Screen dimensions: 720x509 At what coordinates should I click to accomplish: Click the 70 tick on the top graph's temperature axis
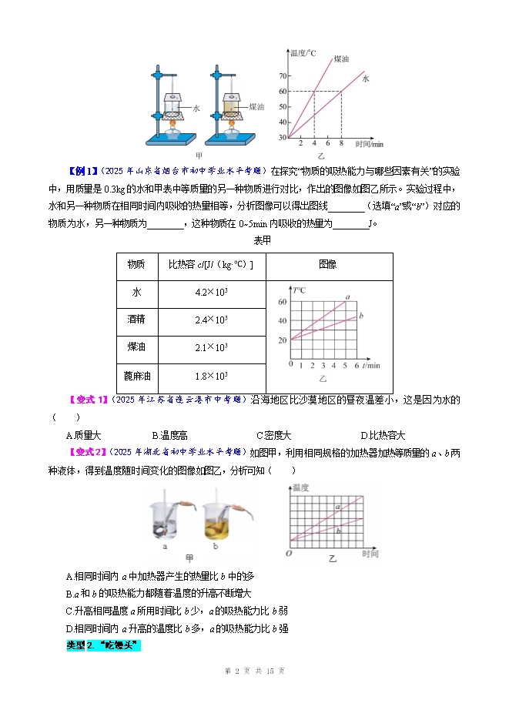[282, 76]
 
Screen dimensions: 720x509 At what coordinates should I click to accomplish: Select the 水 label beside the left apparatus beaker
[196, 109]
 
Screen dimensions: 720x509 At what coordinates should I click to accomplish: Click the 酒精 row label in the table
[136, 320]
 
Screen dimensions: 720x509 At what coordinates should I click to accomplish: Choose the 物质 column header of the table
[136, 265]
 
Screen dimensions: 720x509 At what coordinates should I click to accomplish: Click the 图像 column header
[327, 265]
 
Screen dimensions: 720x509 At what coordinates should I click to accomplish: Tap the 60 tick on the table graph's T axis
[283, 303]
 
